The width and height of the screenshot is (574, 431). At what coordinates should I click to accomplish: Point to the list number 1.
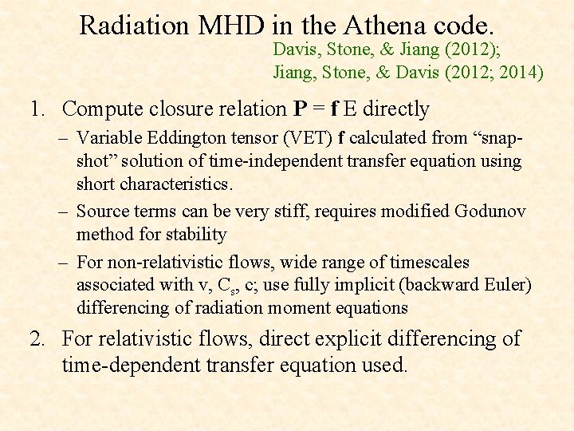[x=37, y=109]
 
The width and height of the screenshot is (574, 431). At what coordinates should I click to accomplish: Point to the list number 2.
[x=37, y=338]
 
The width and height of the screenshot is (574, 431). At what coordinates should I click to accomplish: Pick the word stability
[x=195, y=235]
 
